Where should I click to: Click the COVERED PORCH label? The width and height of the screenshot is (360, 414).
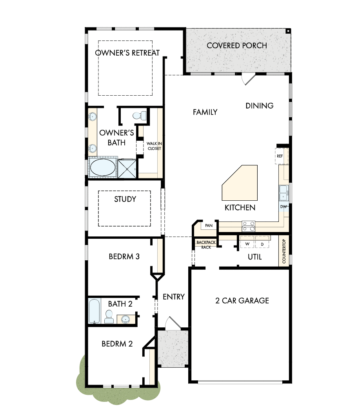click(236, 45)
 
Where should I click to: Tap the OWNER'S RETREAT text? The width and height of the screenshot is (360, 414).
click(127, 53)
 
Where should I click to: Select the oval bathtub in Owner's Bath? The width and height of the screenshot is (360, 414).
click(103, 168)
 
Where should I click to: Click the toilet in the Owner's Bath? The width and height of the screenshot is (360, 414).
click(139, 115)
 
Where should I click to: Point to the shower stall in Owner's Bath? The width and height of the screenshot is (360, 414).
click(128, 168)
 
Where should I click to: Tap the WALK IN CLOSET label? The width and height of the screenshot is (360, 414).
click(154, 146)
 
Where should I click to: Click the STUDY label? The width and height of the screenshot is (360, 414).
click(125, 199)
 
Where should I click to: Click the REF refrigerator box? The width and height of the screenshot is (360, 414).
click(280, 156)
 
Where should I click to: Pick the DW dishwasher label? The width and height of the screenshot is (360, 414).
click(283, 207)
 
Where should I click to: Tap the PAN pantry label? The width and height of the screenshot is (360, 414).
click(209, 225)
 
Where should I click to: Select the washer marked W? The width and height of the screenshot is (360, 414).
click(247, 244)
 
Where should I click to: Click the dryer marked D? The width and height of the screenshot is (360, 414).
click(262, 244)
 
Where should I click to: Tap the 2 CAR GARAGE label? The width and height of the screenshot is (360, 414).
click(242, 301)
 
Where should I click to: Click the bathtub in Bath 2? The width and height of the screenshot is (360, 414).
click(94, 311)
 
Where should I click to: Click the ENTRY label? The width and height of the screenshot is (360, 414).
click(173, 297)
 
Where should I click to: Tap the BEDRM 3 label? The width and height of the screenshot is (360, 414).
click(124, 257)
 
